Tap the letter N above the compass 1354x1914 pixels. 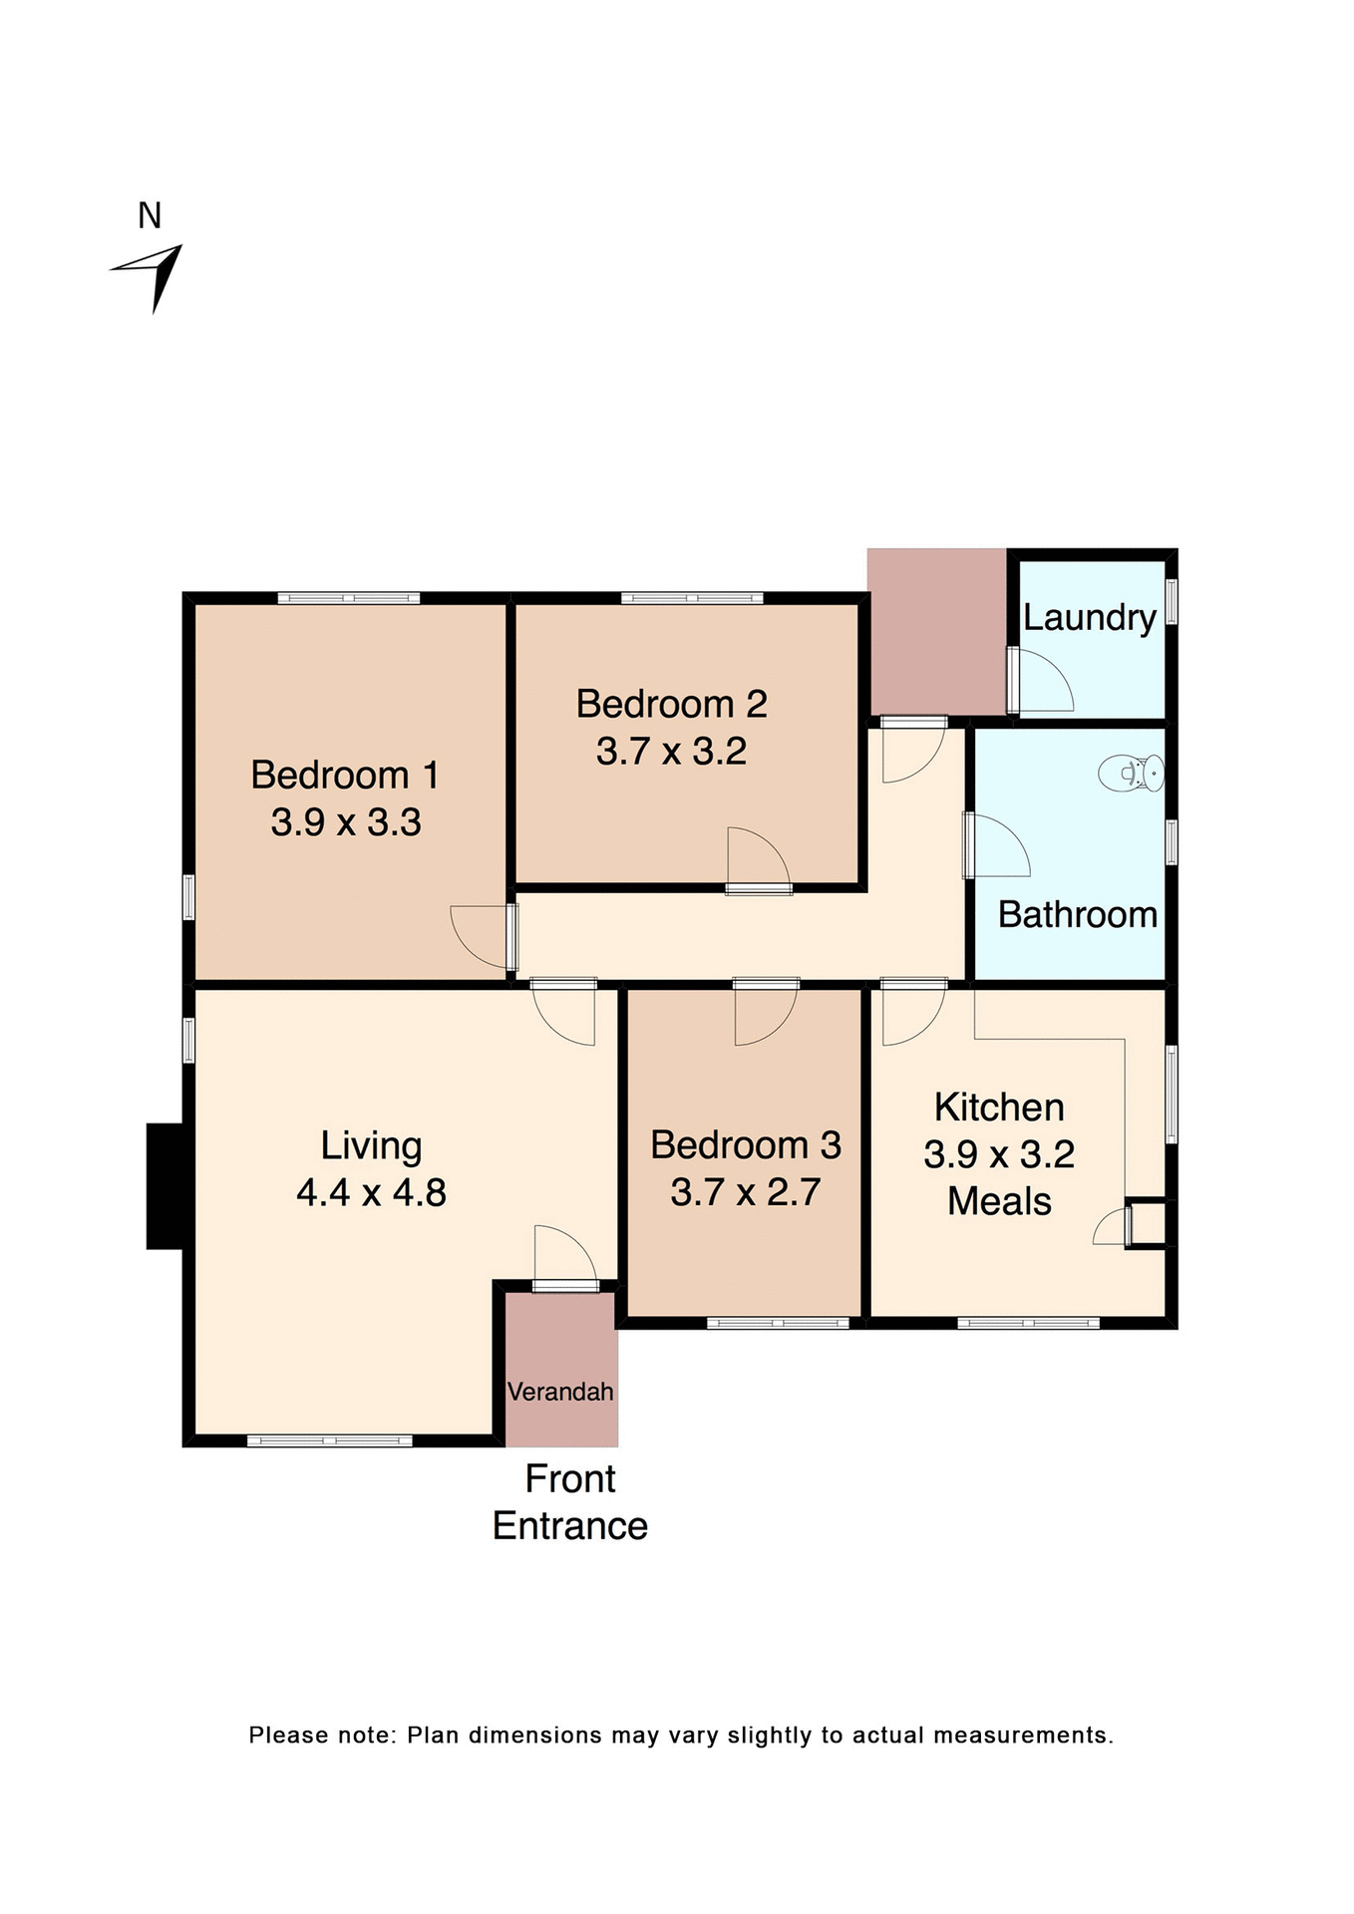click(x=150, y=215)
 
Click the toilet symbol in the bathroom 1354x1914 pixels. click(x=1132, y=773)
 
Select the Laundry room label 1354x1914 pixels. click(x=1089, y=617)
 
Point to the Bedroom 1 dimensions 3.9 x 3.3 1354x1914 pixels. click(x=346, y=822)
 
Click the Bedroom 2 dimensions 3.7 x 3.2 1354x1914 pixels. click(x=671, y=751)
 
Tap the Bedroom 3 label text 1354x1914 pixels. click(x=746, y=1144)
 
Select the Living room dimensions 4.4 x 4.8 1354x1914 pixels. click(x=371, y=1192)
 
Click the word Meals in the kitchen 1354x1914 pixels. click(x=999, y=1201)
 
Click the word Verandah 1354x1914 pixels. click(x=560, y=1391)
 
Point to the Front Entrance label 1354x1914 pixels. click(x=570, y=1502)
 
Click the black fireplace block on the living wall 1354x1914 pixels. click(x=166, y=1185)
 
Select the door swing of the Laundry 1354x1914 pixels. click(x=1042, y=682)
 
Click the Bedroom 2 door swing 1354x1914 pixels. click(x=757, y=857)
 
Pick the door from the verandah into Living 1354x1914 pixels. click(x=564, y=1256)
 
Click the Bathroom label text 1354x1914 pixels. click(x=1077, y=914)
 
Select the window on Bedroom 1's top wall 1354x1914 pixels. click(x=348, y=598)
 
